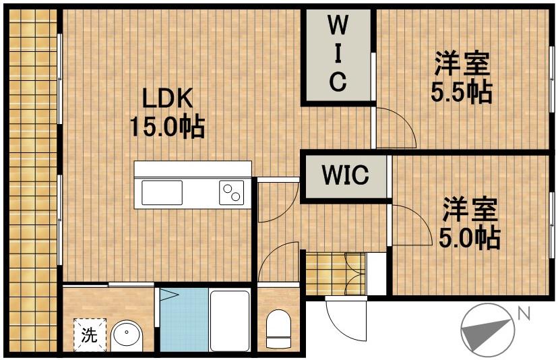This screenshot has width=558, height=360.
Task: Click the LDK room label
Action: pyautogui.click(x=167, y=98)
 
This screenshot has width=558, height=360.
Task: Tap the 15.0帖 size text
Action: pyautogui.click(x=167, y=127)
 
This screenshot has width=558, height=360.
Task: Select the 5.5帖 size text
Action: pyautogui.click(x=462, y=92)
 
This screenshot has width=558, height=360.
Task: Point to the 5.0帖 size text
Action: pyautogui.click(x=470, y=238)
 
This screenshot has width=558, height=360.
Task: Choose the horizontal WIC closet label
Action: pyautogui.click(x=345, y=175)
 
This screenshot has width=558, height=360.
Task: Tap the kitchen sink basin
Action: pyautogui.click(x=162, y=192)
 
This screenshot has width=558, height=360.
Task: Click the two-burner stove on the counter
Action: pyautogui.click(x=231, y=192)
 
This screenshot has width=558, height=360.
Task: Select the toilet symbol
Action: pyautogui.click(x=278, y=328)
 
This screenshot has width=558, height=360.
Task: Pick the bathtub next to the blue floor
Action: pyautogui.click(x=230, y=321)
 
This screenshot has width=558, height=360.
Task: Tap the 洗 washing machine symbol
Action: pyautogui.click(x=90, y=334)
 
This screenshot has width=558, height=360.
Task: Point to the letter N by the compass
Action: pyautogui.click(x=524, y=313)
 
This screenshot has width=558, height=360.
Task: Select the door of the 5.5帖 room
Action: pyautogui.click(x=396, y=127)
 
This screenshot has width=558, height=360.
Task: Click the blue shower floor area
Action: pyautogui.click(x=184, y=320)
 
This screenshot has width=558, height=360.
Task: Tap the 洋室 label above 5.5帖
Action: pyautogui.click(x=462, y=63)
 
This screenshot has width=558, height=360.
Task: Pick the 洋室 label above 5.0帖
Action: pyautogui.click(x=470, y=210)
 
